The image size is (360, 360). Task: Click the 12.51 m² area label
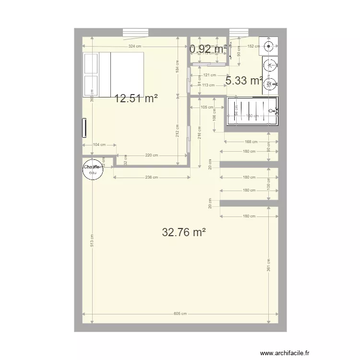click(x=136, y=99)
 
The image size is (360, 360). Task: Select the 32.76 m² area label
click(x=184, y=233)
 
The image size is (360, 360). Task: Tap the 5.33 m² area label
click(x=244, y=81)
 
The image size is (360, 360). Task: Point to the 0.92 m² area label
click(x=208, y=48)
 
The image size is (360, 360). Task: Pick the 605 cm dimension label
click(x=180, y=313)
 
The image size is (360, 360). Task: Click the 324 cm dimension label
click(x=135, y=47)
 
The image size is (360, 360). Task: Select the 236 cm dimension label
click(x=151, y=177)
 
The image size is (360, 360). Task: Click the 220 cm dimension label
click(x=151, y=155)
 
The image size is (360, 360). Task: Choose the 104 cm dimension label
click(x=99, y=144)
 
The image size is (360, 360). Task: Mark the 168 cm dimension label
click(x=251, y=142)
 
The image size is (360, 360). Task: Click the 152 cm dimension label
click(x=253, y=47)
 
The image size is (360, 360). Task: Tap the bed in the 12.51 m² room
click(x=113, y=74)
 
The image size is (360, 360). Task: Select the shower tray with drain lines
click(x=252, y=111)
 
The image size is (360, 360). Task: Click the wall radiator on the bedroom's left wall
click(x=85, y=128)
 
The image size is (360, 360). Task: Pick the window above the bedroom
click(x=136, y=33)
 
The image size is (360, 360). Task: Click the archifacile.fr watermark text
click(x=284, y=353)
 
